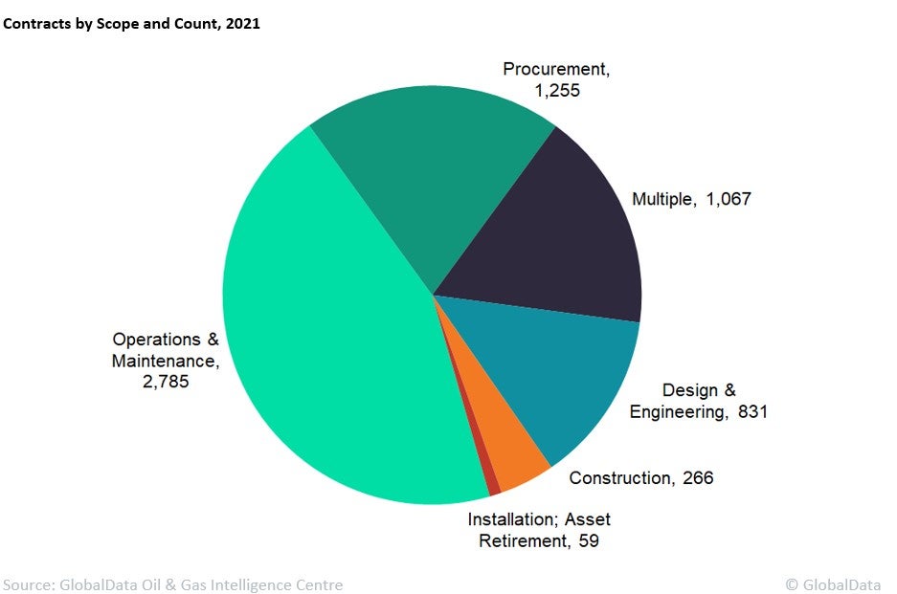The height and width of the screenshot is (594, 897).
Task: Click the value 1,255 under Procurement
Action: pos(557,91)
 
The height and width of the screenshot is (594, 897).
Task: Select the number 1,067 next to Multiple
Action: pos(729,199)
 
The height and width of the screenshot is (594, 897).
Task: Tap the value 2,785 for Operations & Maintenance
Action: pos(165,382)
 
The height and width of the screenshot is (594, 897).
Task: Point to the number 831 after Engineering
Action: pos(753,412)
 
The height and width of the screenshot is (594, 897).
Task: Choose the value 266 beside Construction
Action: pos(698,477)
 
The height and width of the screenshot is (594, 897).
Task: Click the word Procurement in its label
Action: pos(555,69)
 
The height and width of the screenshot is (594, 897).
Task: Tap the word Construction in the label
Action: pos(620,477)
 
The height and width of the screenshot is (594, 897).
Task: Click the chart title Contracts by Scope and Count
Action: pos(131,24)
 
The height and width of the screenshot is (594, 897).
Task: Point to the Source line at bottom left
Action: pos(173,583)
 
